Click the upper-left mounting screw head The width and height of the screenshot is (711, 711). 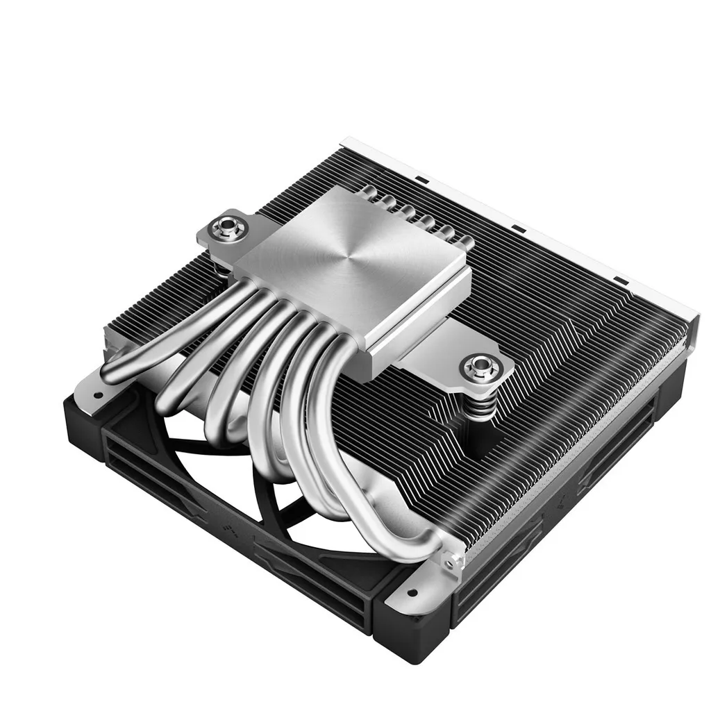pos(226,226)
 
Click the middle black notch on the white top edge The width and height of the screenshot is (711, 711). pos(517,227)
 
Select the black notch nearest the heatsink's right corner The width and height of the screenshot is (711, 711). pos(620,282)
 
